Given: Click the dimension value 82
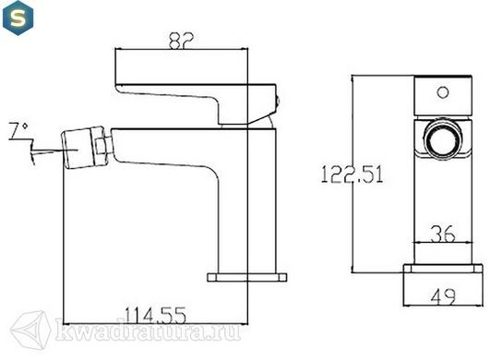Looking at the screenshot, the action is click(x=181, y=40).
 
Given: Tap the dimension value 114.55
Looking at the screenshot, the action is click(x=156, y=315).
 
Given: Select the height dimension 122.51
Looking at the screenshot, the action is click(x=353, y=174).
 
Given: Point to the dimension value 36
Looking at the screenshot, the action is click(x=443, y=234).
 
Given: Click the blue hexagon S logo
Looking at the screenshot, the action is click(x=18, y=18).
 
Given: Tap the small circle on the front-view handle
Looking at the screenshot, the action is click(x=443, y=92).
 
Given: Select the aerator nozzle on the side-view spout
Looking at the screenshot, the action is click(x=78, y=148).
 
